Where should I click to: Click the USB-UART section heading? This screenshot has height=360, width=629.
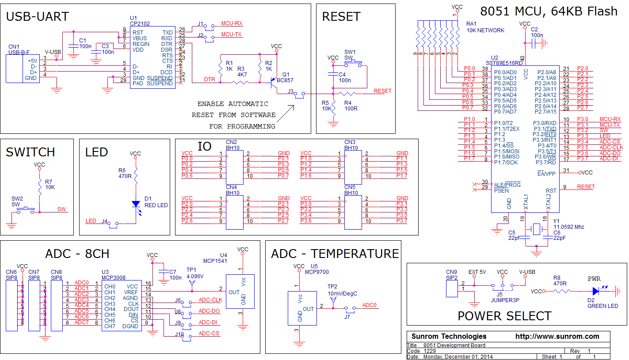tap(38, 17)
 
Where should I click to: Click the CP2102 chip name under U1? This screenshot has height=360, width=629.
tap(141, 23)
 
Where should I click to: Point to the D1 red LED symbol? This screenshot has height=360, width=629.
tap(136, 204)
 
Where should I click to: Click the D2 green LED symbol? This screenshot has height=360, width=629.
tap(596, 291)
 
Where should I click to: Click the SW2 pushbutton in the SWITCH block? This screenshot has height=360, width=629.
tap(26, 211)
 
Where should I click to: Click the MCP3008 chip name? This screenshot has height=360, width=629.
tap(114, 277)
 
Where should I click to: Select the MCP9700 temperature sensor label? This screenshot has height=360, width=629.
tap(320, 272)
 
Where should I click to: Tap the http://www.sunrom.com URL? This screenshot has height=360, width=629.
tap(557, 336)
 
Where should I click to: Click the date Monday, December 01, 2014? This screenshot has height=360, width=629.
tap(458, 356)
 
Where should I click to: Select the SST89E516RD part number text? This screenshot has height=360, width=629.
tap(504, 63)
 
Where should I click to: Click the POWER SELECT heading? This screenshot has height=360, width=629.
tap(504, 316)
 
